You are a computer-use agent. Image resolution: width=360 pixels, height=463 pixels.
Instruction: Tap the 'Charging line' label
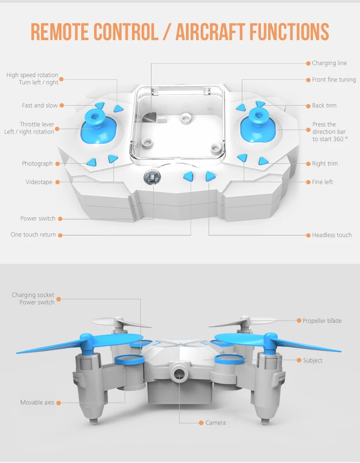click(329, 63)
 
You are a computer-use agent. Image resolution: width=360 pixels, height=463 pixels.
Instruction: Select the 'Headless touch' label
click(332, 235)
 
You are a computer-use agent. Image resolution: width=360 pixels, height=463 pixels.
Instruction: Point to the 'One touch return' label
click(33, 235)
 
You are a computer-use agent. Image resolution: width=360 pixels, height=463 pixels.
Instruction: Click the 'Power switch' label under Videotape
click(38, 219)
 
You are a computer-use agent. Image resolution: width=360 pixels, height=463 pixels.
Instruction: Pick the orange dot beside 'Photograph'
click(58, 164)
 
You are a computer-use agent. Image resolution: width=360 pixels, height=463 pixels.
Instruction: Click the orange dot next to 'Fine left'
click(308, 182)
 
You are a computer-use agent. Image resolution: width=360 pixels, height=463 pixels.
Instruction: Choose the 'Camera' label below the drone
click(216, 423)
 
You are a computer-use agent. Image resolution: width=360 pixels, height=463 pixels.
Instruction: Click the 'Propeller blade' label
click(322, 321)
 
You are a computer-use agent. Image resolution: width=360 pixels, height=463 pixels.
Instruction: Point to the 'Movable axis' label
click(37, 403)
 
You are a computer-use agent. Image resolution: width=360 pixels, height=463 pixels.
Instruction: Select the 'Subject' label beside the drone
click(312, 361)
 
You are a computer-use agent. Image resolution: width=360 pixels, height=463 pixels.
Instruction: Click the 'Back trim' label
click(324, 106)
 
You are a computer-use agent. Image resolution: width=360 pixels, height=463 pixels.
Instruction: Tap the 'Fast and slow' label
click(40, 106)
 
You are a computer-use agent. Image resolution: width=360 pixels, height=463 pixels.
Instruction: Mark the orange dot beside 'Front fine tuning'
click(308, 80)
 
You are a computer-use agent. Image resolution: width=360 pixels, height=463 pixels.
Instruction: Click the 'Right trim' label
click(325, 164)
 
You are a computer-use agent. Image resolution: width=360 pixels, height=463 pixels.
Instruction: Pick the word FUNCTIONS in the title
click(289, 31)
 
